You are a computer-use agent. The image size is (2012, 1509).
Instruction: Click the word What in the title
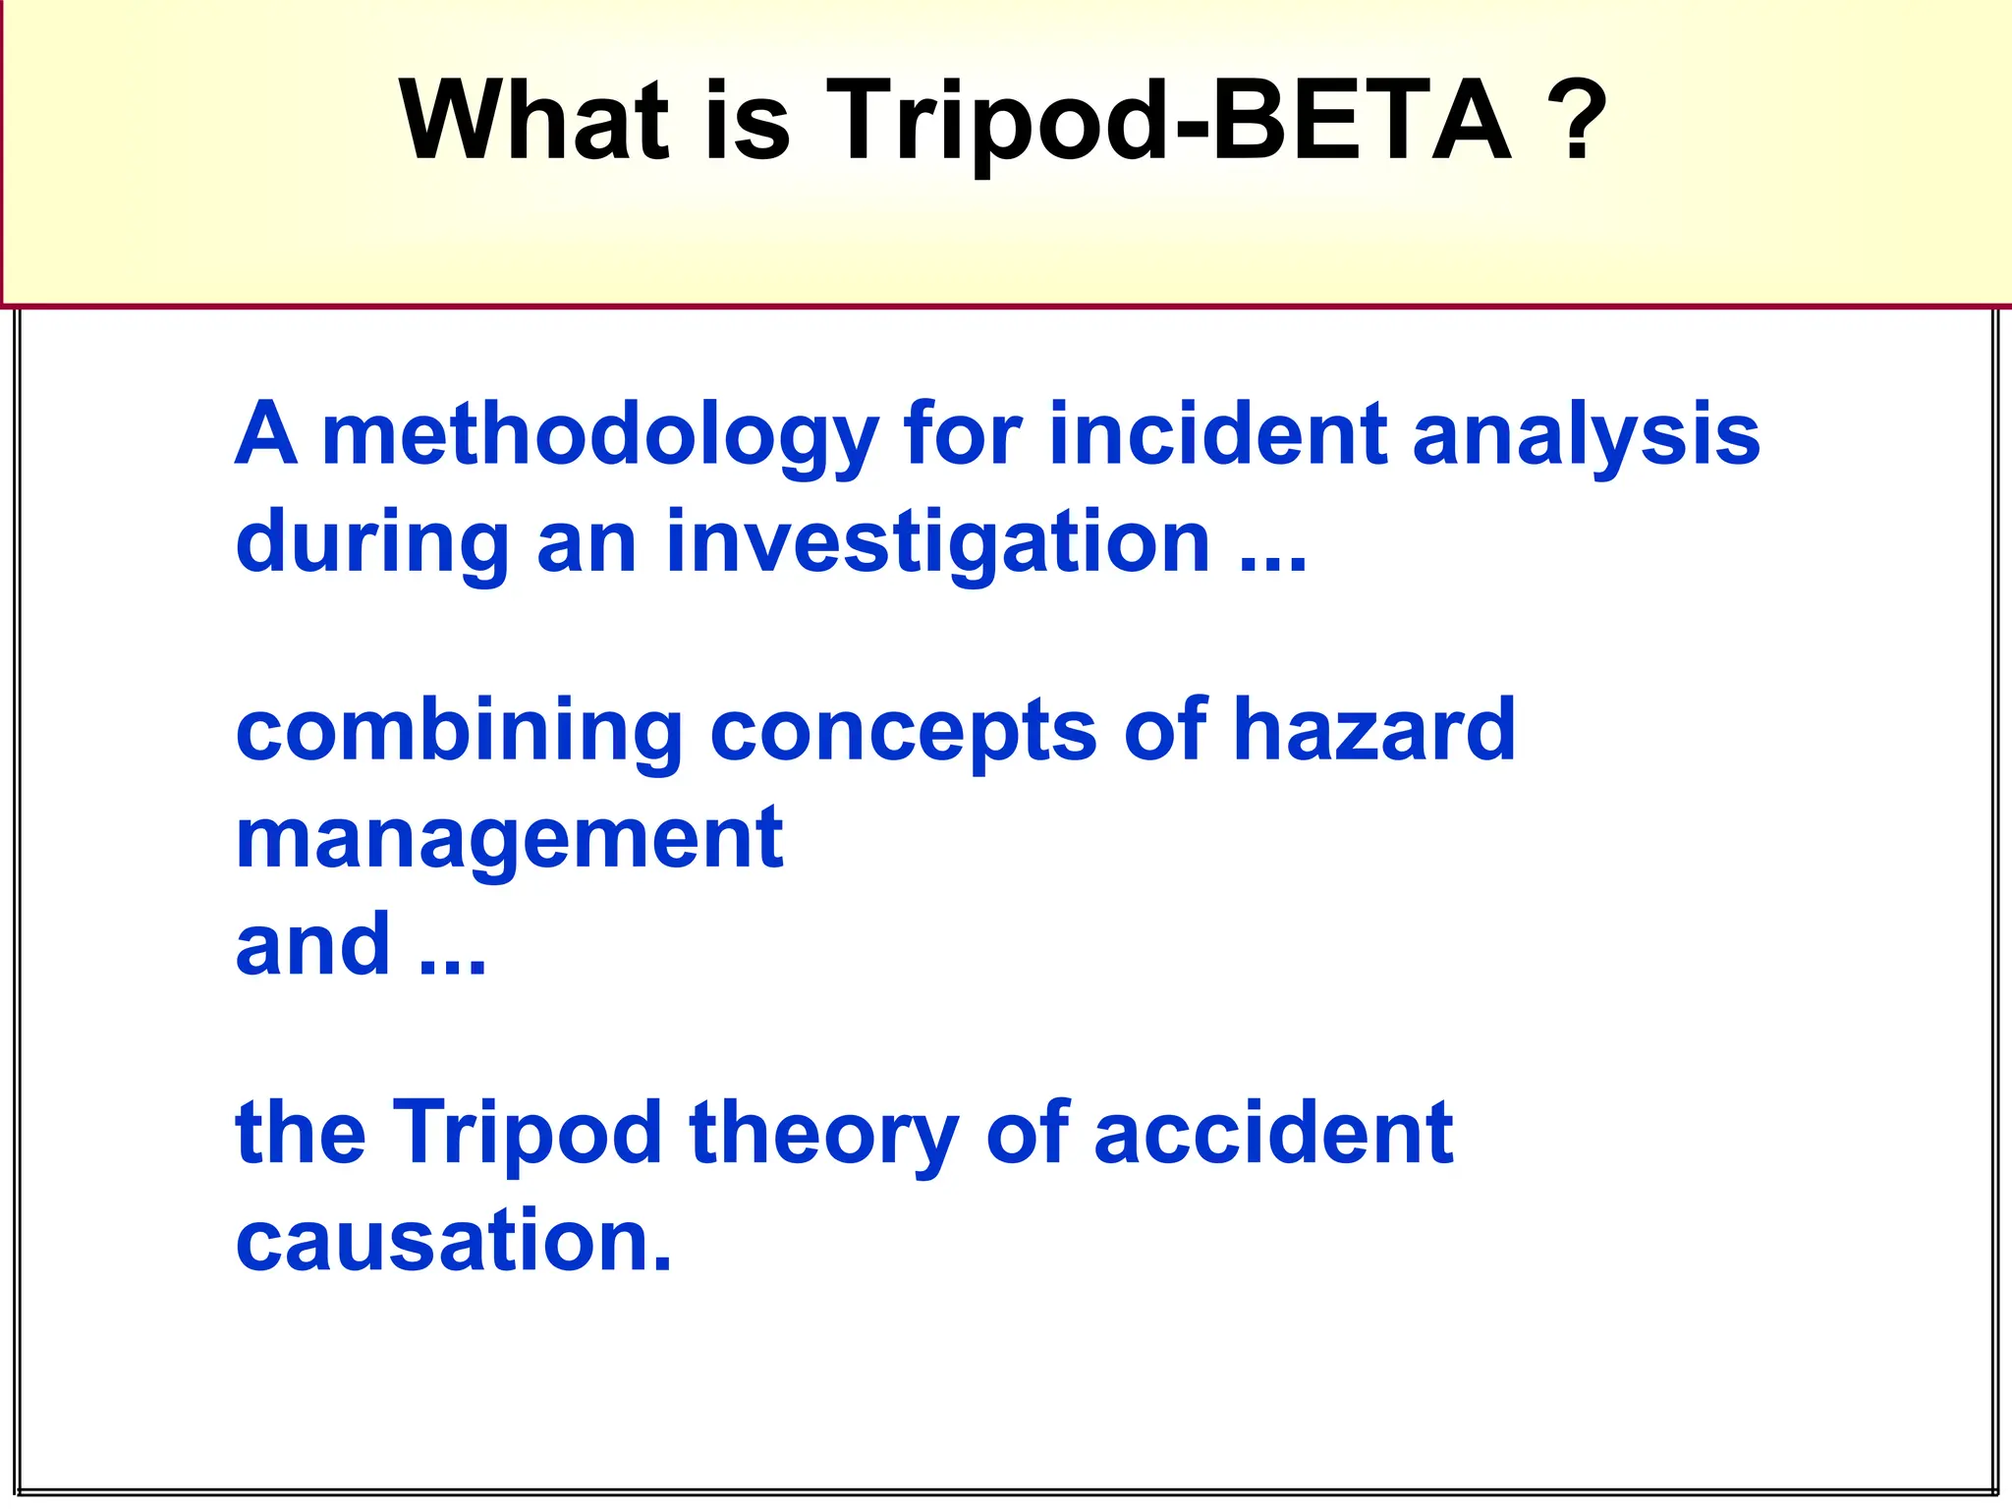(533, 120)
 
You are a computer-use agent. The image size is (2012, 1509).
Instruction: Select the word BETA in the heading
(1360, 120)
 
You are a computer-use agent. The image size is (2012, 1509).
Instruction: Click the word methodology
(599, 435)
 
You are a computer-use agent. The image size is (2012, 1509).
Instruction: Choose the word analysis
(1586, 435)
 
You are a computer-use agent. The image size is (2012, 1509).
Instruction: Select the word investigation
(938, 542)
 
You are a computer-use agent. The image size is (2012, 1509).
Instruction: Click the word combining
(459, 732)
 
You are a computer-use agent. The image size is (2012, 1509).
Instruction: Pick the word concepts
(903, 732)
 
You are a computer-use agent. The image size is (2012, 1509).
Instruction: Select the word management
(509, 839)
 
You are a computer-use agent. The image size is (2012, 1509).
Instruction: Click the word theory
(823, 1135)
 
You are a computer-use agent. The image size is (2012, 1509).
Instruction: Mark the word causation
(454, 1241)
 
